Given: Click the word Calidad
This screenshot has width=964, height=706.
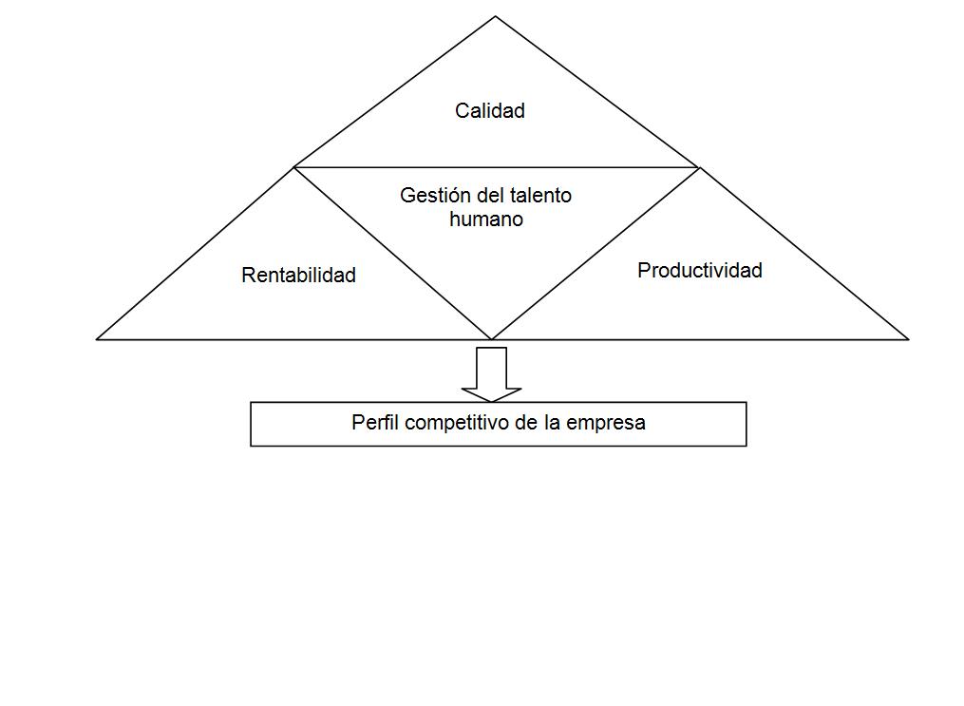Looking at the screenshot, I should click(x=489, y=111).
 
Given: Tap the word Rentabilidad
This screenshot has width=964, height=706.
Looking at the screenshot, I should click(x=298, y=276).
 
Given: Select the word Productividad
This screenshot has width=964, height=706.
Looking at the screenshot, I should click(x=699, y=271).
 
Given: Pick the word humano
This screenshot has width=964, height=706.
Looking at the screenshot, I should click(x=486, y=219).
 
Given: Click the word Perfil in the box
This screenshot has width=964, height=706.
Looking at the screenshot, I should click(x=375, y=423).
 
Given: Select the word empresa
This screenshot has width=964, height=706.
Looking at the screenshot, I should click(x=606, y=423).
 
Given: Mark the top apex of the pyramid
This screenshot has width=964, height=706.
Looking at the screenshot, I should click(x=495, y=17).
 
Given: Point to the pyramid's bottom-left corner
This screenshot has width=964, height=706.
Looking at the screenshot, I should click(x=98, y=338).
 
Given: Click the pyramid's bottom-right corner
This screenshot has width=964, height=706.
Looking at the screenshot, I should click(x=908, y=338).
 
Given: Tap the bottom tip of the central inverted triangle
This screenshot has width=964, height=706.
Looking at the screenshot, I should click(x=491, y=338).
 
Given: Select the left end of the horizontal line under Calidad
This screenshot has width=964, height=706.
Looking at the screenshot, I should click(x=294, y=167).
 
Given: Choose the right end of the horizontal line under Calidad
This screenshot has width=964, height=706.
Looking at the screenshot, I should click(x=699, y=167).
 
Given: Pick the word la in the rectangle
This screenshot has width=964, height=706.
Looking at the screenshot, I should click(x=552, y=423).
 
